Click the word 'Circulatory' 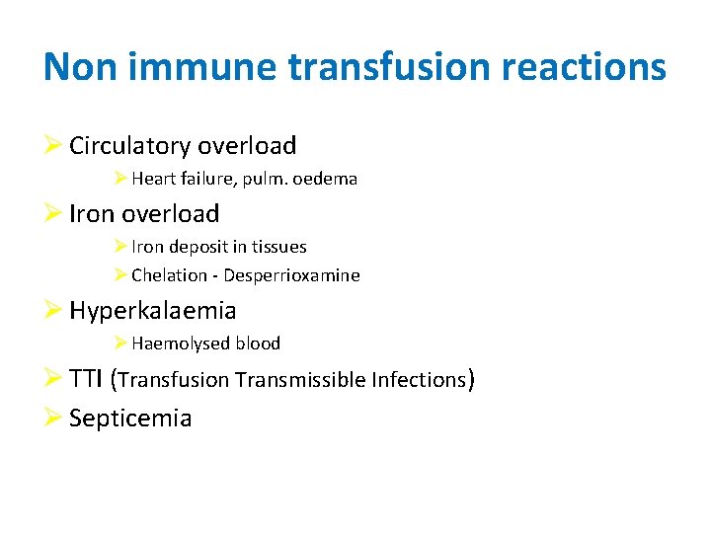pyautogui.click(x=130, y=146)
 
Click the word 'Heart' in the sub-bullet pyautogui.click(x=153, y=180)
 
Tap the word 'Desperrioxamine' pyautogui.click(x=291, y=275)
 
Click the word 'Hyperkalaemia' pyautogui.click(x=153, y=311)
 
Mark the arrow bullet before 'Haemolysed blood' pyautogui.click(x=119, y=343)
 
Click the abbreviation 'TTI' pyautogui.click(x=86, y=379)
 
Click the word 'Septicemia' pyautogui.click(x=130, y=419)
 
